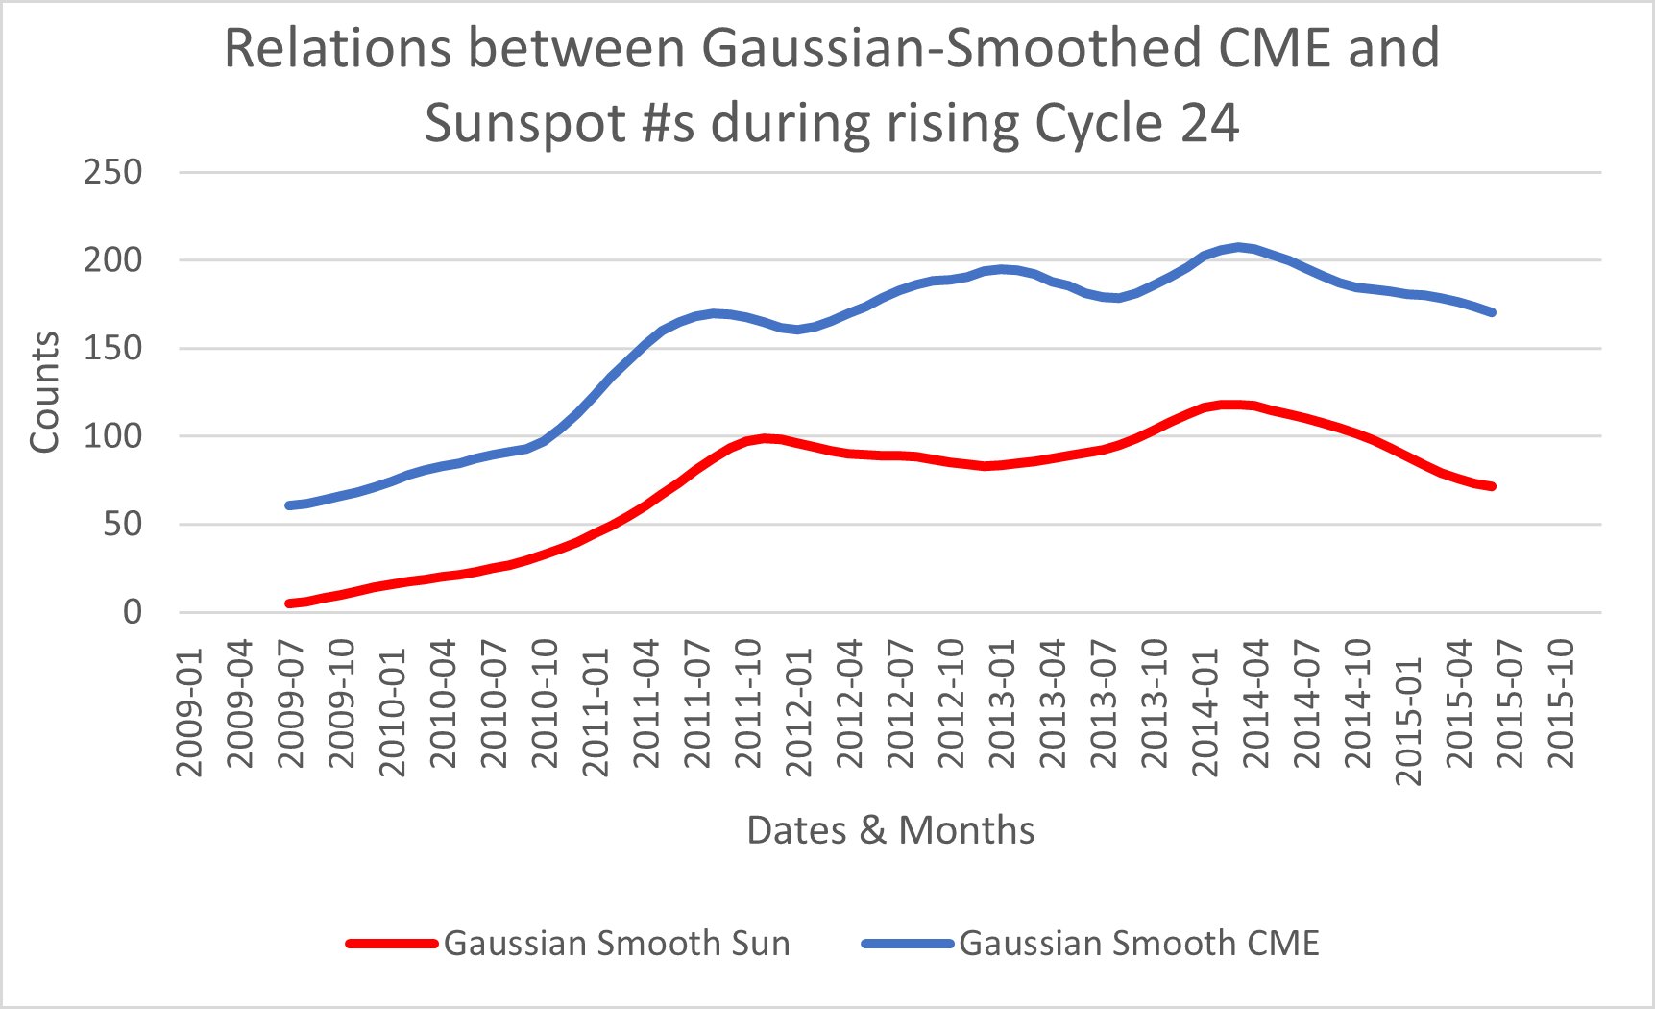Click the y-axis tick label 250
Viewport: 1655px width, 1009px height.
[x=112, y=173]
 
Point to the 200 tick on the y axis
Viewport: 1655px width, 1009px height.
[x=112, y=260]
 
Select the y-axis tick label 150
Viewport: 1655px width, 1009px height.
[x=112, y=349]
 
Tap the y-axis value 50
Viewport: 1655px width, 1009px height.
[x=123, y=525]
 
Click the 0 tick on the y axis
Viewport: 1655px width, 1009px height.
[x=133, y=612]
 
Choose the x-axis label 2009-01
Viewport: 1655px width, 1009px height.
[x=189, y=711]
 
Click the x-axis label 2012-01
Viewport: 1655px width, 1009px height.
[x=798, y=711]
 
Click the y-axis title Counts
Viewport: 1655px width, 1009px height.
[x=44, y=392]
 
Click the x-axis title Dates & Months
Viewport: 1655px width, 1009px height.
[x=890, y=830]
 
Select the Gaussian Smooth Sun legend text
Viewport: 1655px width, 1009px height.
[x=617, y=944]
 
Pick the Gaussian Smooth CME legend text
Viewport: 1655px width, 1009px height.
[x=1139, y=944]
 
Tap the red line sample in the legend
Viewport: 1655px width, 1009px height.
[x=392, y=944]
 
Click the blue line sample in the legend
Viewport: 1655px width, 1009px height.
[x=907, y=944]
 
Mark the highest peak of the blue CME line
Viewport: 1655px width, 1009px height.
[x=1240, y=247]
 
